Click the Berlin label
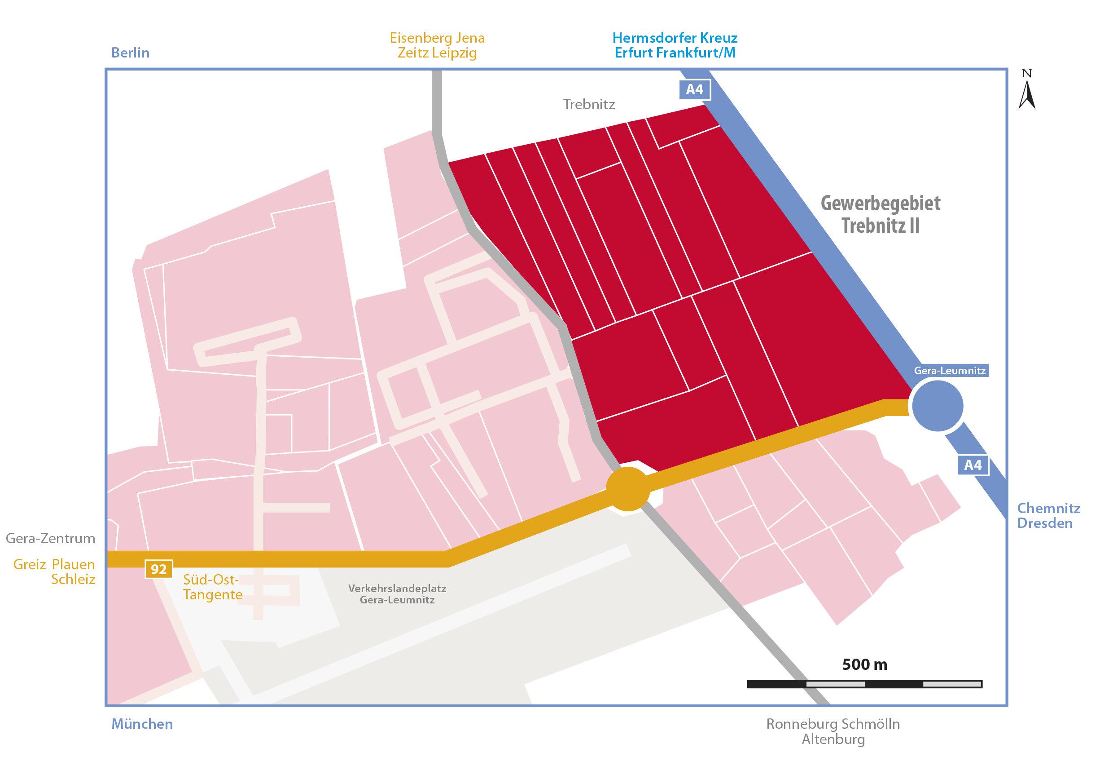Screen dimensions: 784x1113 pyautogui.click(x=131, y=53)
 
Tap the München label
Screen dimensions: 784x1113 pyautogui.click(x=142, y=724)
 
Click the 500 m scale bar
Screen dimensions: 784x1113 pyautogui.click(x=864, y=684)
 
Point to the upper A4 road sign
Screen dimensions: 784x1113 pyautogui.click(x=694, y=90)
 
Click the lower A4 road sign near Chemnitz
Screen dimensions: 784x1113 pyautogui.click(x=973, y=465)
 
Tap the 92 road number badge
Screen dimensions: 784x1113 pyautogui.click(x=158, y=569)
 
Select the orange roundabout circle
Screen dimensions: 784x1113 pyautogui.click(x=628, y=489)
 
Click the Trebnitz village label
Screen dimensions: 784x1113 pyautogui.click(x=588, y=104)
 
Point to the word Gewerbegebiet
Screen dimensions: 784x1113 pyautogui.click(x=881, y=204)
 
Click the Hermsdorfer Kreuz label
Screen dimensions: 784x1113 pyautogui.click(x=675, y=37)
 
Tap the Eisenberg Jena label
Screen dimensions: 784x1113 pyautogui.click(x=437, y=38)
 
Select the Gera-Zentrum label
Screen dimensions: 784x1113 pyautogui.click(x=50, y=539)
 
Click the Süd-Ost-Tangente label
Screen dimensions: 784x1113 pyautogui.click(x=212, y=587)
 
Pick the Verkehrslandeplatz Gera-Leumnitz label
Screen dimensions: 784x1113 pyautogui.click(x=397, y=594)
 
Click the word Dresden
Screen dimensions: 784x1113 pyautogui.click(x=1045, y=523)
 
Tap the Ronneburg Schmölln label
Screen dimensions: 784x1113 pyautogui.click(x=833, y=724)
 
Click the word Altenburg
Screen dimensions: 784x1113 pyautogui.click(x=833, y=740)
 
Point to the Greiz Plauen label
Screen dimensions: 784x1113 pyautogui.click(x=54, y=565)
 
